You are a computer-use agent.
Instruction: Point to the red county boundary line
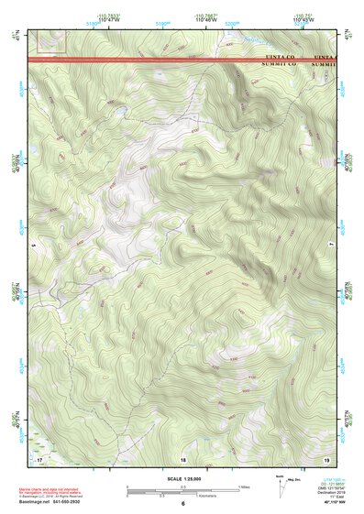138,60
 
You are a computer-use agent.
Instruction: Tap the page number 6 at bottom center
183,504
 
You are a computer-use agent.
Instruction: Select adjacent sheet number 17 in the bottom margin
39,457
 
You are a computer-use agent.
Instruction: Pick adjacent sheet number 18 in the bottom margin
183,457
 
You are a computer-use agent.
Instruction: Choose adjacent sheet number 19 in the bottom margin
326,457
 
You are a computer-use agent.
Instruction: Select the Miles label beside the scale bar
244,487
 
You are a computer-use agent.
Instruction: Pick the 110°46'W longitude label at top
204,17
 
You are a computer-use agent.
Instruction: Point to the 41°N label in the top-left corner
14,35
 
